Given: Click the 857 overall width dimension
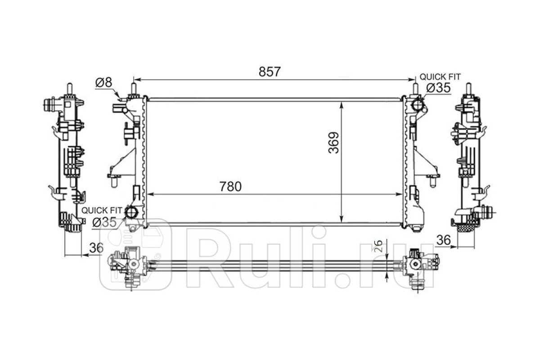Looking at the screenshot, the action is click(270, 72).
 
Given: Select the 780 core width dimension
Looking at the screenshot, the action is click(230, 187).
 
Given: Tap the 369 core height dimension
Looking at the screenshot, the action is click(333, 143).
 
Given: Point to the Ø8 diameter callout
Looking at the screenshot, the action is click(103, 83).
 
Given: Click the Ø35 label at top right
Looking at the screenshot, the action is click(438, 88).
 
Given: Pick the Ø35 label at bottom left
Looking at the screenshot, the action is click(104, 222).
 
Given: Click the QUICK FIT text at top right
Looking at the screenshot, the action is click(440, 77).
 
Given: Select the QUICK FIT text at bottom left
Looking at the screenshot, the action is click(102, 211).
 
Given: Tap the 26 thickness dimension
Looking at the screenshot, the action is click(379, 246).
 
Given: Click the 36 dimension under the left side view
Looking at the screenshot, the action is click(96, 248).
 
